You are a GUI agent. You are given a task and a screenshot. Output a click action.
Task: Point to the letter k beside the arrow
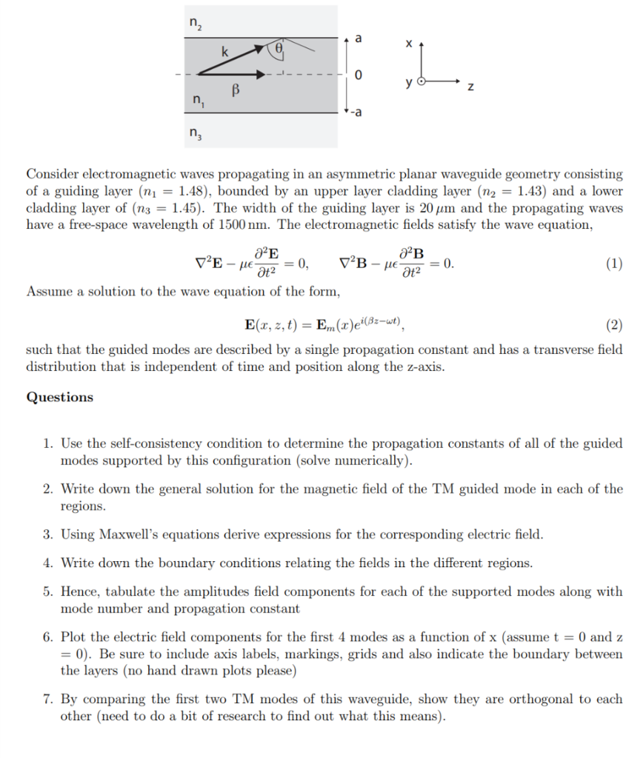coord(224,52)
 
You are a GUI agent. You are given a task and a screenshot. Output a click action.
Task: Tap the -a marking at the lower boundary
coord(358,113)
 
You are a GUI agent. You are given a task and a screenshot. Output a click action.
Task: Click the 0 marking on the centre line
coord(359,76)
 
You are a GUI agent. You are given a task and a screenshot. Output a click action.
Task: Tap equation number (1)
coord(613,263)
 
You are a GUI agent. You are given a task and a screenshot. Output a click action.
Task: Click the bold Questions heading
coord(60,398)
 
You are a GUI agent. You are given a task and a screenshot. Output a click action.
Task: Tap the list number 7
coord(47,700)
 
